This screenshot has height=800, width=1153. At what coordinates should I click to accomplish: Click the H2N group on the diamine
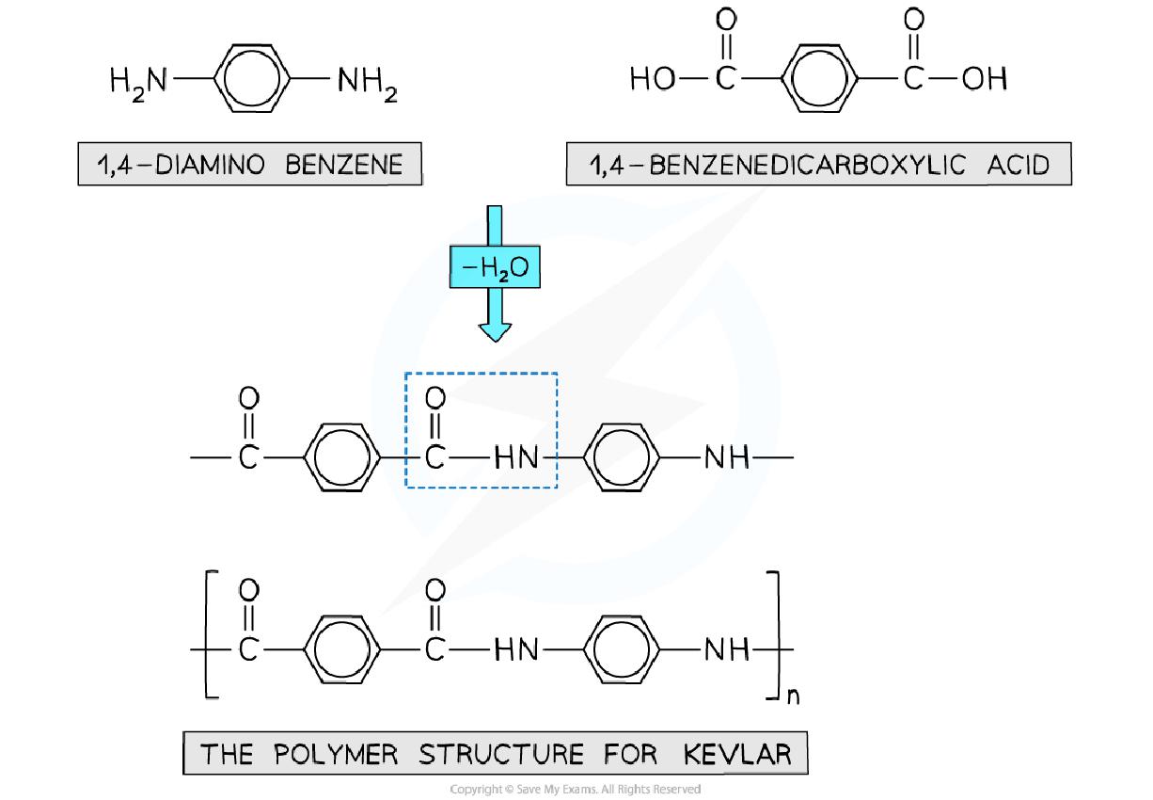click(137, 83)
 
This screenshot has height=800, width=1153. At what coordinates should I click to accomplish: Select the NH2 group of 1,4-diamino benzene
click(367, 84)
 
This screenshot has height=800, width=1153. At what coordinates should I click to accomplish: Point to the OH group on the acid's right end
click(985, 79)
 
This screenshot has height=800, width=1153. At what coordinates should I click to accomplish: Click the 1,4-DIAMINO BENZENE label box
click(250, 165)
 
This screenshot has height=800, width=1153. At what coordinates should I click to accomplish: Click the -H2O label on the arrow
click(495, 269)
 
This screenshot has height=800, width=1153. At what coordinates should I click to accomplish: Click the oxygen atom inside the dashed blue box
click(434, 399)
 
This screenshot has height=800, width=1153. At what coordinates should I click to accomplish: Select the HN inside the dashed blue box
click(516, 458)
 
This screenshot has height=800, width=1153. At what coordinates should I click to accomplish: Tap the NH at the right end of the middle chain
click(726, 458)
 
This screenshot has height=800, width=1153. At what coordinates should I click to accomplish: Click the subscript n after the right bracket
click(792, 697)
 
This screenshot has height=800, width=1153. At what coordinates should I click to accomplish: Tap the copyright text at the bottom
click(576, 789)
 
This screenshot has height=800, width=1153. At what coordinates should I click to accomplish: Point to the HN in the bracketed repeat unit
click(516, 649)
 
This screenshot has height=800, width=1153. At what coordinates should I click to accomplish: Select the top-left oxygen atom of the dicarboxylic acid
click(724, 19)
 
